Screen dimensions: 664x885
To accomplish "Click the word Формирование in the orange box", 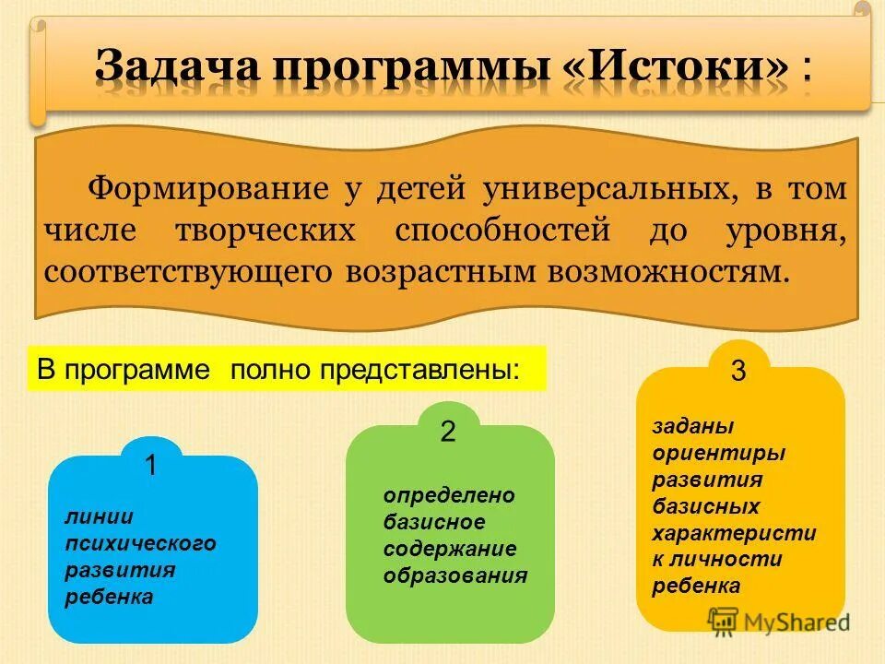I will [208, 189].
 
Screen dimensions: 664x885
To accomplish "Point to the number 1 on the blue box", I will [150, 467].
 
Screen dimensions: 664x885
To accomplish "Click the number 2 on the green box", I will [448, 433].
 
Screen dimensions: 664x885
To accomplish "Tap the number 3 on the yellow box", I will [738, 372].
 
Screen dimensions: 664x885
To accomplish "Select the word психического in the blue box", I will [140, 543].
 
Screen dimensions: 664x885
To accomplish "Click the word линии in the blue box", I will [99, 516].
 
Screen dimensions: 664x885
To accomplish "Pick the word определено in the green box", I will [449, 495].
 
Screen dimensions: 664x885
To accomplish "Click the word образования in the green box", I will [455, 575].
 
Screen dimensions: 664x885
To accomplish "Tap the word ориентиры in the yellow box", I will [718, 453].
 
